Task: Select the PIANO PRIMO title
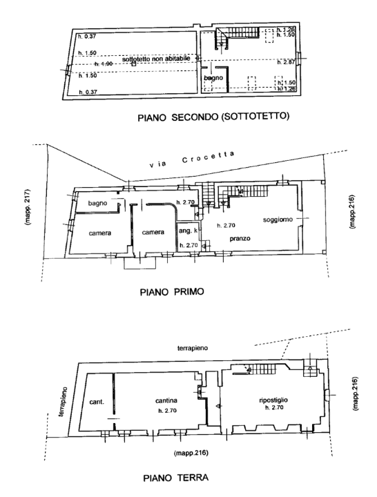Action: pos(171,291)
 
